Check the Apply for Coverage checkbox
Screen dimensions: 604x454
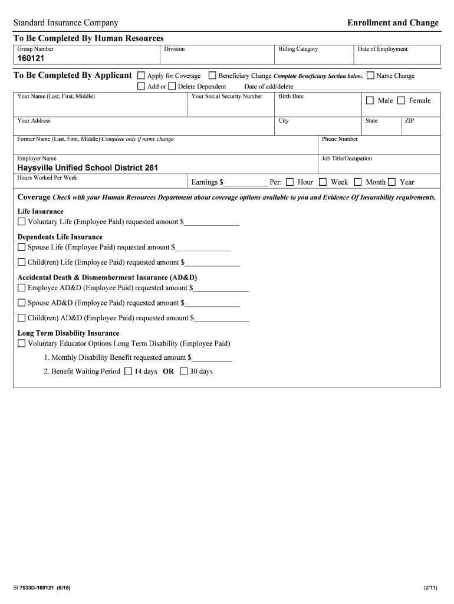coord(141,75)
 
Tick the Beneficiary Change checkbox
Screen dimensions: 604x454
coord(212,75)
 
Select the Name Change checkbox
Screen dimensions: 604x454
coord(370,75)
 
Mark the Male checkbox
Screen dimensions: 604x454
coord(370,100)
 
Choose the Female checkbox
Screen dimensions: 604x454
coord(401,100)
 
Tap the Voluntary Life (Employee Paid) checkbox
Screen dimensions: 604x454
coord(22,222)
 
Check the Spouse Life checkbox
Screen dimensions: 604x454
coord(22,247)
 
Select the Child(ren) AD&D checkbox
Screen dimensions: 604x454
coord(22,318)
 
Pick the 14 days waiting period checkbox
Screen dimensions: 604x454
coord(129,372)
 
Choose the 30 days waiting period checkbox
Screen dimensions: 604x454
coord(183,372)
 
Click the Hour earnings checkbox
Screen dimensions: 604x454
coord(289,182)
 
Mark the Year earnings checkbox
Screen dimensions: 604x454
coord(392,182)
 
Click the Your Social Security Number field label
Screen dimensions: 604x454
coord(227,96)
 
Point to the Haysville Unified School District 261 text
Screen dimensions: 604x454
coord(87,168)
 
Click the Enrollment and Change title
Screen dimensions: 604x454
coord(393,23)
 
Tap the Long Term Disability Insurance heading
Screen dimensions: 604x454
coord(68,333)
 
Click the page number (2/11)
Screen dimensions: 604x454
coord(430,588)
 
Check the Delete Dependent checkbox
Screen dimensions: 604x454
coord(172,86)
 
